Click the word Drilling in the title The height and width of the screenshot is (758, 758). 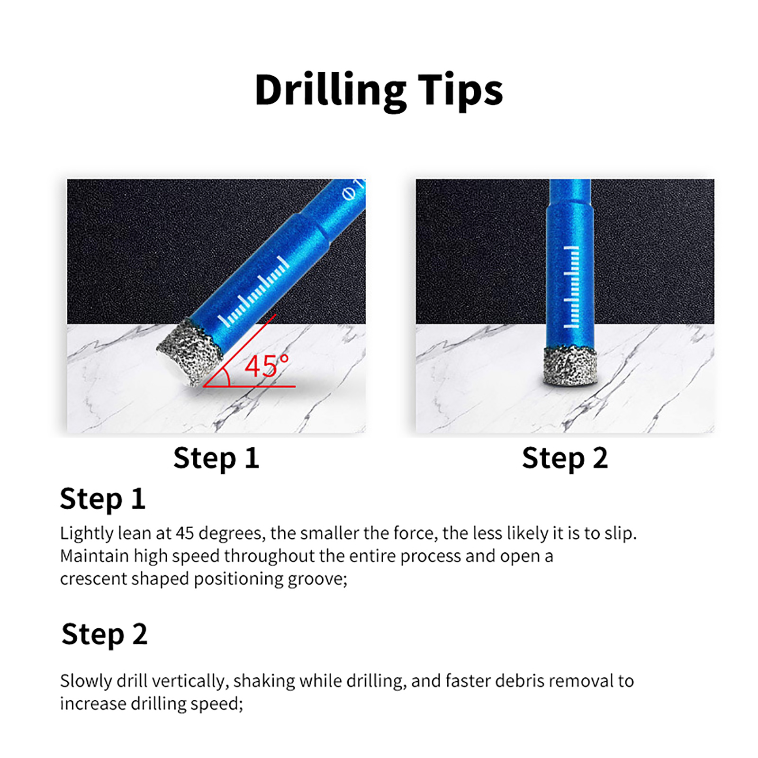(x=330, y=90)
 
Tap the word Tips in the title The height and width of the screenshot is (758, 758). (x=460, y=90)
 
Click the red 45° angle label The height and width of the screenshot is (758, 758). (x=267, y=366)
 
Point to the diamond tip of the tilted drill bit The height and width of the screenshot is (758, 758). (x=190, y=352)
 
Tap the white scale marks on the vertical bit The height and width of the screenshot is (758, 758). (x=571, y=287)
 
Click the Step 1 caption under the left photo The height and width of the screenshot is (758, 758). (x=216, y=458)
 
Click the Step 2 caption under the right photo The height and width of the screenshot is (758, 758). (x=565, y=458)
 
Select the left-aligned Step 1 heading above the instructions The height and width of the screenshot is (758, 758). (x=102, y=499)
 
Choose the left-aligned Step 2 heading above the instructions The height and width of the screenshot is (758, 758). (x=104, y=634)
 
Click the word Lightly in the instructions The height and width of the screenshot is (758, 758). (x=87, y=533)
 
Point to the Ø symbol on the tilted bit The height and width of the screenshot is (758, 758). (x=349, y=194)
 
